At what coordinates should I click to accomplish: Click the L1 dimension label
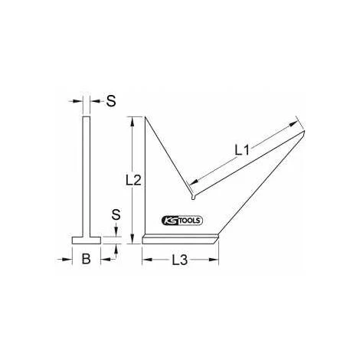242,151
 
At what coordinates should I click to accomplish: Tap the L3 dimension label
182,260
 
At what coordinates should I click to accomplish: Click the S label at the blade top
111,101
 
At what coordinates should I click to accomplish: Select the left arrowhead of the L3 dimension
147,260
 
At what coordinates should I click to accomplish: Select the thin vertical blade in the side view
86,176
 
